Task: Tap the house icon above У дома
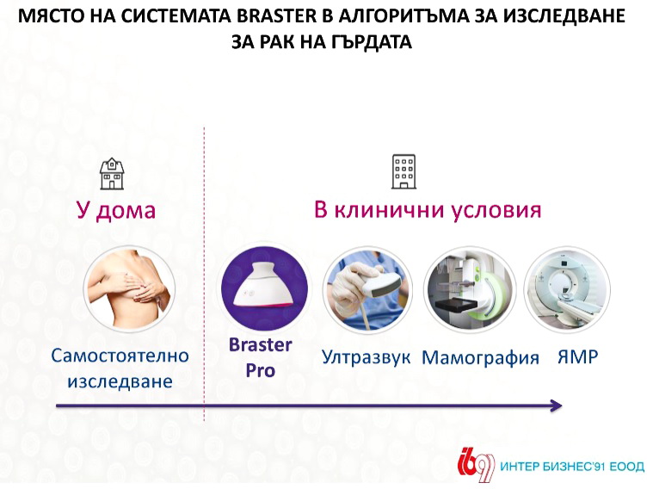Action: [112, 173]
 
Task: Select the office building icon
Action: [404, 172]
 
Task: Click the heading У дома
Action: [116, 210]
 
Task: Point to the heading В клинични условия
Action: [428, 209]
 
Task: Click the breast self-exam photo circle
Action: [130, 288]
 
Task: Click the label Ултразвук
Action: [366, 357]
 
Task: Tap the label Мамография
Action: [481, 358]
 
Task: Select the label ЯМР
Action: [577, 356]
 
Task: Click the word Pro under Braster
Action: [261, 370]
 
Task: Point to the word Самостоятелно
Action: [120, 356]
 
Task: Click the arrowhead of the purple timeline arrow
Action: [557, 405]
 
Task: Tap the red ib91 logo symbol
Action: [476, 465]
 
